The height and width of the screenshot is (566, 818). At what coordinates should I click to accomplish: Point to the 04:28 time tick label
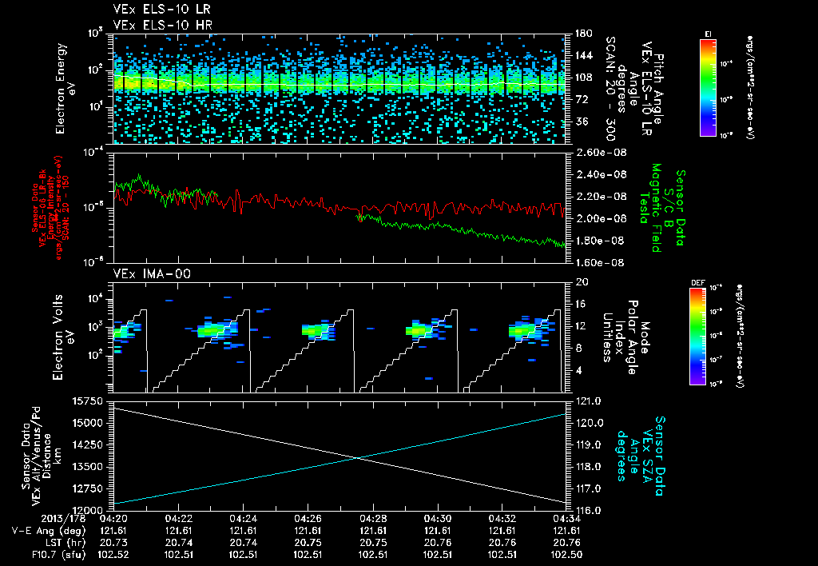[373, 518]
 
